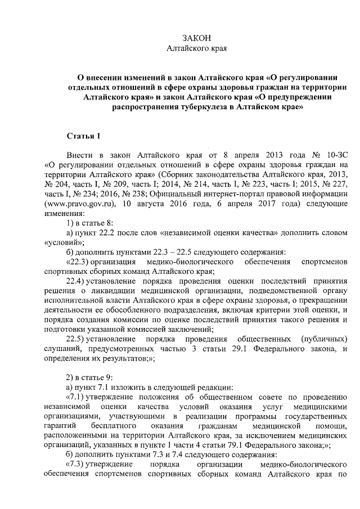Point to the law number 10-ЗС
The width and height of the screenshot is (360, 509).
(334, 154)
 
